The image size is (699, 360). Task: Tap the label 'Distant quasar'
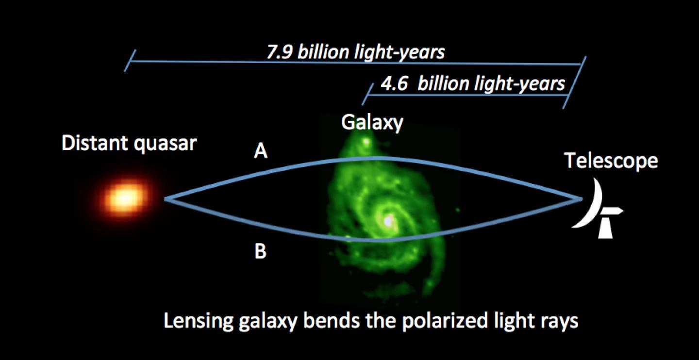click(129, 143)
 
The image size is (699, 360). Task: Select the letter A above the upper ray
click(261, 153)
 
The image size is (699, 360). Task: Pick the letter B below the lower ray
click(261, 253)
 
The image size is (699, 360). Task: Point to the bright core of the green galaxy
click(388, 221)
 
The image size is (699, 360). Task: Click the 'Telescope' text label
click(611, 161)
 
